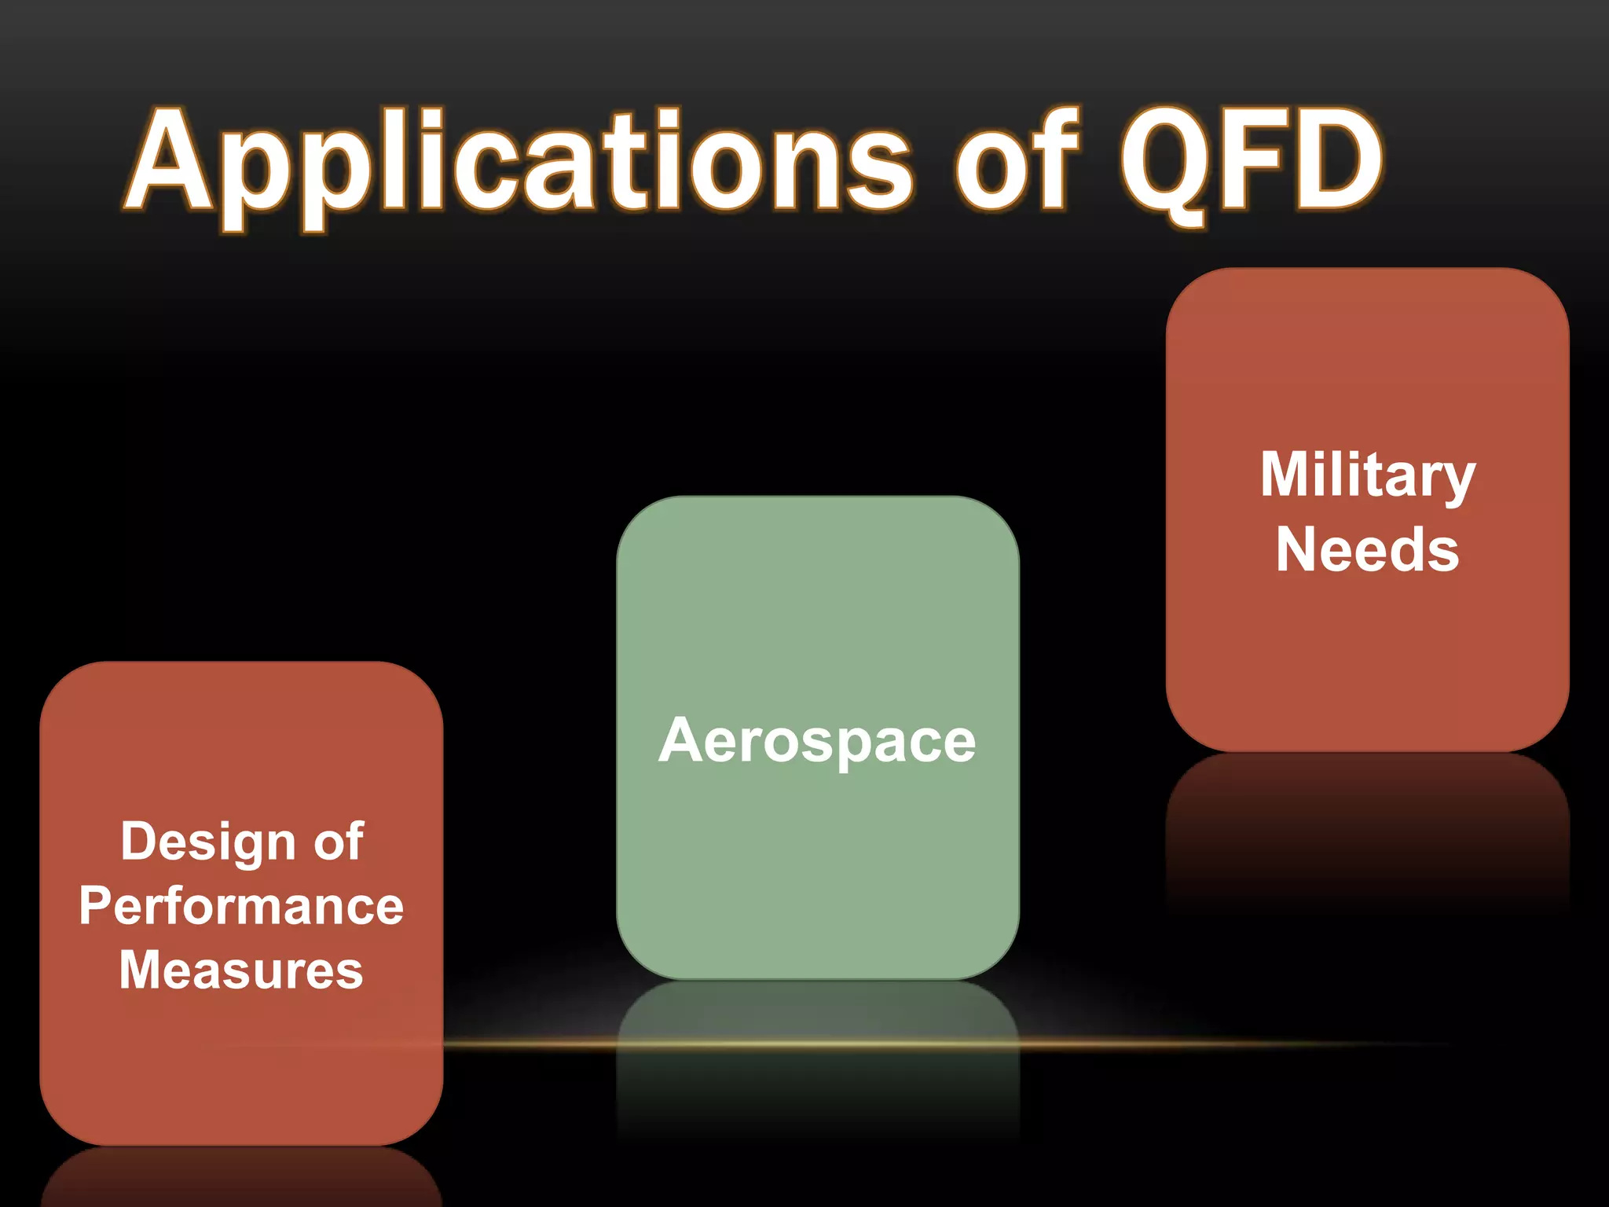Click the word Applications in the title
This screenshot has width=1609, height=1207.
[x=519, y=165]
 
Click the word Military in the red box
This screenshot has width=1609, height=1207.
[x=1368, y=475]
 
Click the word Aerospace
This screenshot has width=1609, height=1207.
[x=817, y=740]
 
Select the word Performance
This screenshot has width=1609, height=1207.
[x=241, y=906]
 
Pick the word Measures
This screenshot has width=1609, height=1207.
[x=241, y=970]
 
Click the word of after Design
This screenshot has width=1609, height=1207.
[x=339, y=841]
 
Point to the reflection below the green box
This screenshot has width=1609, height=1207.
[x=817, y=1084]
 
